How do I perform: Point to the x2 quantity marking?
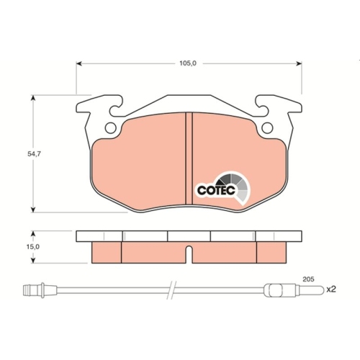[331, 290]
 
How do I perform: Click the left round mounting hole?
[110, 128]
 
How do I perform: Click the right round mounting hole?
[266, 128]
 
